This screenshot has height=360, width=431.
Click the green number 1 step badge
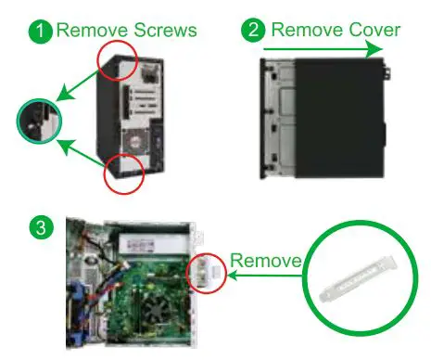(41, 31)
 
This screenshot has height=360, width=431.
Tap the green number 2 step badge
(251, 31)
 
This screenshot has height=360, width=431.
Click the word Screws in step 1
(164, 31)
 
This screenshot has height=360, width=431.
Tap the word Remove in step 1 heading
(93, 31)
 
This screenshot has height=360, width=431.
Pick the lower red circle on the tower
(122, 173)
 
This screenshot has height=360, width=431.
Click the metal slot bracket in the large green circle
(357, 288)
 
